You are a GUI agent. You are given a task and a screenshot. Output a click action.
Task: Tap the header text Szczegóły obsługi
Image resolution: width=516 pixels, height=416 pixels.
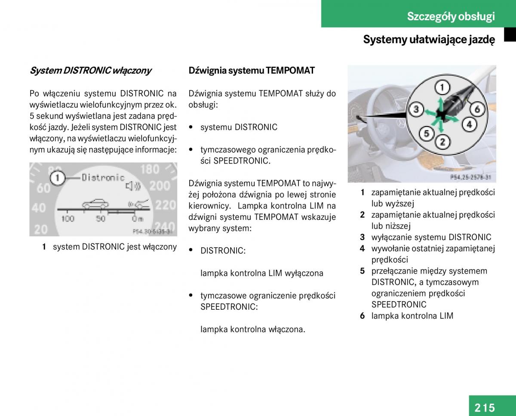click(451, 16)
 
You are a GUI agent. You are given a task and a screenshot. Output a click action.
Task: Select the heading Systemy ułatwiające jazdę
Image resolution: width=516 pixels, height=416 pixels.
click(429, 40)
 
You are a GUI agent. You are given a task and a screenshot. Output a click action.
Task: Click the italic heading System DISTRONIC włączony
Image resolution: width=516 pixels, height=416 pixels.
click(90, 71)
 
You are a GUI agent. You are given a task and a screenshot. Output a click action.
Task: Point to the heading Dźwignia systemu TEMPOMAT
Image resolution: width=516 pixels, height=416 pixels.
click(252, 71)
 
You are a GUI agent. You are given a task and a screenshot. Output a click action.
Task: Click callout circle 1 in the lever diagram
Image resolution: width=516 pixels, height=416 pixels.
click(442, 88)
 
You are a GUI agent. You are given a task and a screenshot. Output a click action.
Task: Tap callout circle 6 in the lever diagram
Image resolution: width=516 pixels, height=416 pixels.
click(477, 109)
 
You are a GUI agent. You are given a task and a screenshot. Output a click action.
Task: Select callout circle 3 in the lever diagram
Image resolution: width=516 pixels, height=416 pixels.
click(415, 110)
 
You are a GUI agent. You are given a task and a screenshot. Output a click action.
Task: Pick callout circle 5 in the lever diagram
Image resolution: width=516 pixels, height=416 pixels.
click(426, 133)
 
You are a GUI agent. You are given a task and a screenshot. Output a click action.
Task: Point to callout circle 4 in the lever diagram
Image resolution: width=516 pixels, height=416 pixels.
click(469, 125)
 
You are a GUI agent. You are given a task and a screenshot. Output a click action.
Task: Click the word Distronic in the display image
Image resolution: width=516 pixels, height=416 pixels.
click(103, 177)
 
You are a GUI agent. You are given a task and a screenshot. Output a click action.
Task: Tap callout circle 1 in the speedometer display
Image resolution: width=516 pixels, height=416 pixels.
click(57, 178)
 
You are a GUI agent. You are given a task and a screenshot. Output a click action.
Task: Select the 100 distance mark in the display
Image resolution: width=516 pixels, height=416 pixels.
click(68, 219)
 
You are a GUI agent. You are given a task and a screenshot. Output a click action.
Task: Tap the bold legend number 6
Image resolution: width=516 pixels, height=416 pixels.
click(362, 316)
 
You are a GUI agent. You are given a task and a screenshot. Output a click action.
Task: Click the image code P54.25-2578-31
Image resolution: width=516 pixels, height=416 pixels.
click(470, 177)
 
